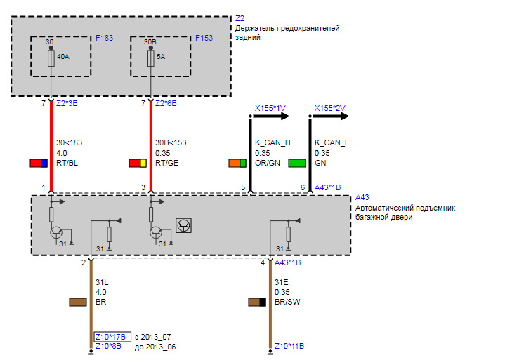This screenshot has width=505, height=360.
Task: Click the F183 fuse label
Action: pos(105,38)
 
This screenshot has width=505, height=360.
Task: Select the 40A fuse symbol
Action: pos(51,58)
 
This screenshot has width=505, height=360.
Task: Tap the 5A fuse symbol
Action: pos(151,58)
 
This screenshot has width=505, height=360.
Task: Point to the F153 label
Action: pos(204,38)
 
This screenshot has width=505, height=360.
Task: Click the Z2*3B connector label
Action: pos(67,103)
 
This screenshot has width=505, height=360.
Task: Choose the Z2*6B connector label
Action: pos(166,103)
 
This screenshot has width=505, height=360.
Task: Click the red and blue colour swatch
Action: pos(39,163)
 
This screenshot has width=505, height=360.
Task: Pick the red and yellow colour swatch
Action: pos(138,163)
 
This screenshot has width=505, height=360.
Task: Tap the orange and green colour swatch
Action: pos(237,163)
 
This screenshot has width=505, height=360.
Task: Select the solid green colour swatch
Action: pos(297,163)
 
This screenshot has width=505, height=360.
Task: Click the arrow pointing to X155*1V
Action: pos(270,116)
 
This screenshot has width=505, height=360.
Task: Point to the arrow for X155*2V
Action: pos(329,116)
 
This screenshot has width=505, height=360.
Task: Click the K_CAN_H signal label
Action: pos(273,142)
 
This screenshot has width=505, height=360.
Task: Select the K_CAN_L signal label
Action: pos(332,142)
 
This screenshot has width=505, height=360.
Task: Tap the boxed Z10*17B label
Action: pos(112,337)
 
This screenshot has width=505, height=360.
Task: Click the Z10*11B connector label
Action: pos(289,346)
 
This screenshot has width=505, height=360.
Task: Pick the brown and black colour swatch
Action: pos(257,302)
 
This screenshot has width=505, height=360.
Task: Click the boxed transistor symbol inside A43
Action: pos(183,225)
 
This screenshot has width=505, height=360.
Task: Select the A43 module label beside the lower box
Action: pos(362,197)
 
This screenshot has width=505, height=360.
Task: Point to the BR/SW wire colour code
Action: pos(287,302)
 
